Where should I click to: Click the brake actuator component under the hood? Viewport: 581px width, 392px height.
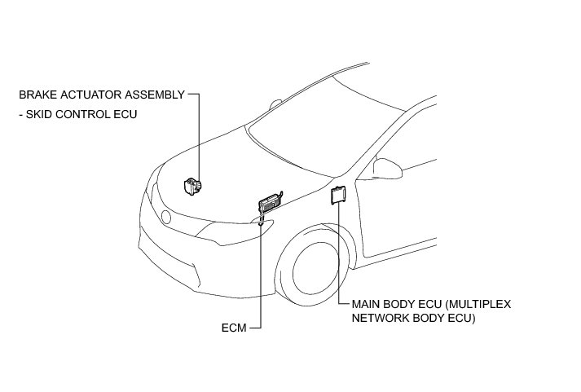point(192,187)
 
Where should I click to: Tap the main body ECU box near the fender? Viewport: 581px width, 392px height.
point(337,196)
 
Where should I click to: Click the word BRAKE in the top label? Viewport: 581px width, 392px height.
point(37,95)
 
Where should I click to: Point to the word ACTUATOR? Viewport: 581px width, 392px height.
point(90,95)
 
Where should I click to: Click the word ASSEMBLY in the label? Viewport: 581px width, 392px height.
point(155,95)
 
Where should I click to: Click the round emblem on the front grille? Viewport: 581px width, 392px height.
point(166,217)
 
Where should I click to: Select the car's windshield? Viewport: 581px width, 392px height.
point(310,122)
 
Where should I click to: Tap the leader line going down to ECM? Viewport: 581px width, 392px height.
point(260,277)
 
